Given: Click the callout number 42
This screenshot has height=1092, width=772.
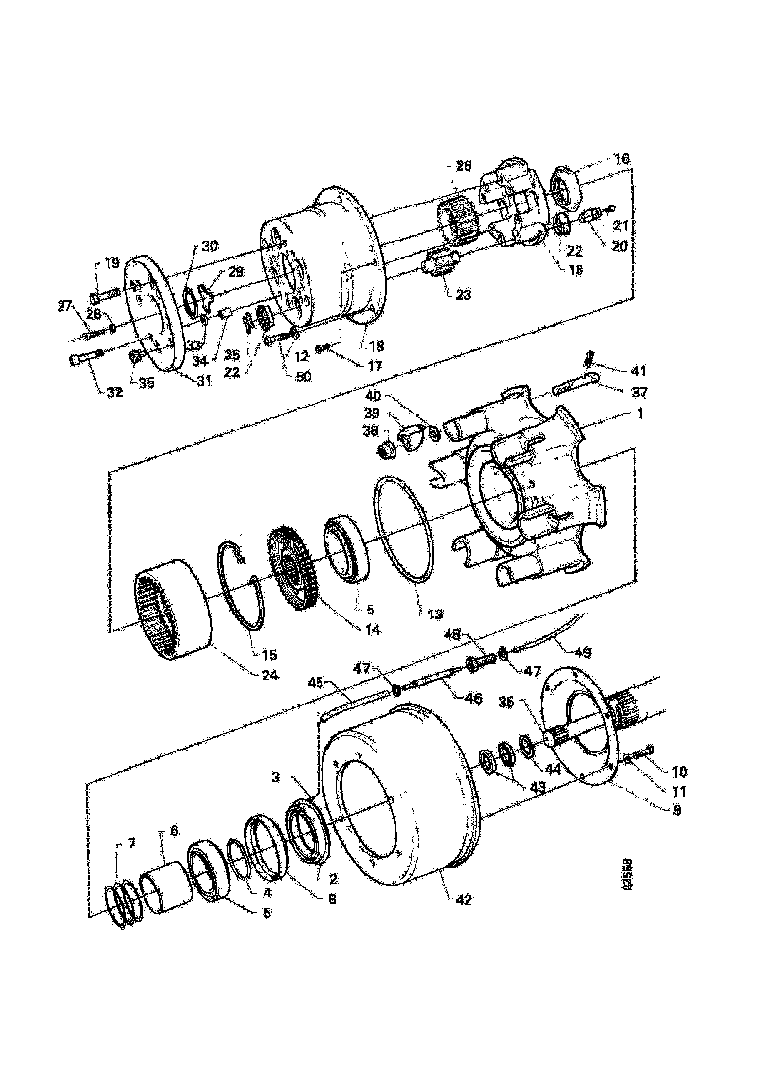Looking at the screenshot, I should (438, 899).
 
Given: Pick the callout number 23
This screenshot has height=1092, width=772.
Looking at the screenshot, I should (462, 294).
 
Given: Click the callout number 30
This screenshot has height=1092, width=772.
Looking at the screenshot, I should (210, 246).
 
